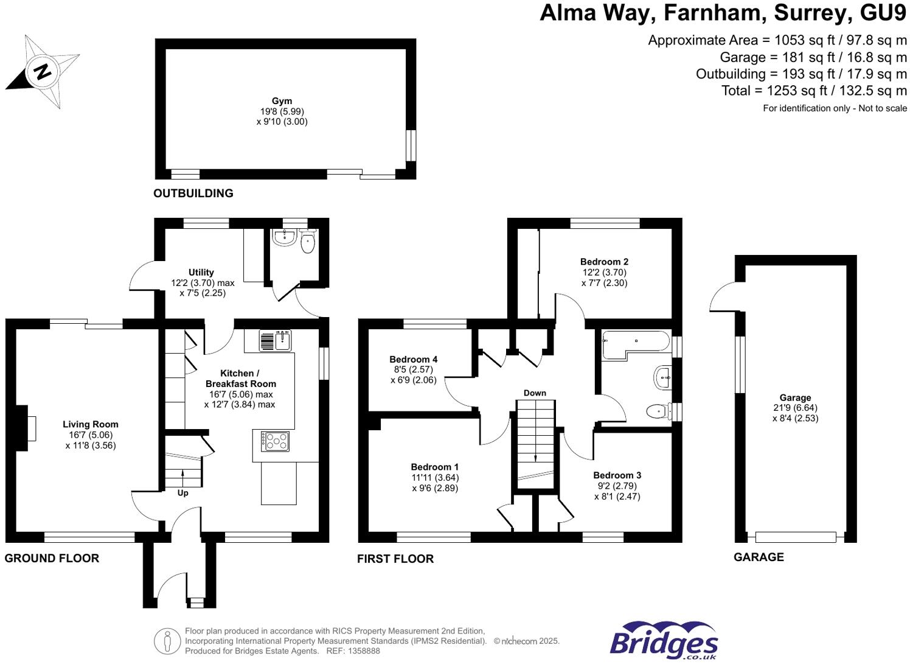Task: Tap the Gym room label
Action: (282, 101)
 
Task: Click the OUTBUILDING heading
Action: (193, 194)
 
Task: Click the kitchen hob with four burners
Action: (275, 441)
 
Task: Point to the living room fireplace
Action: (27, 428)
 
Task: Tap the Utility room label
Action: (201, 273)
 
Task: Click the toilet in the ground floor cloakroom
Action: (308, 242)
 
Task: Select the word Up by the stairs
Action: (182, 493)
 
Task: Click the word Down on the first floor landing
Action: (535, 393)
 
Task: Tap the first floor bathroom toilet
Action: (657, 412)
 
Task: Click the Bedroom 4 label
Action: (413, 360)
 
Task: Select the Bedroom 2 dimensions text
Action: (604, 278)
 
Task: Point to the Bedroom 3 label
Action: (617, 475)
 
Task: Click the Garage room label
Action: (795, 398)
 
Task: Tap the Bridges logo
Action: (664, 641)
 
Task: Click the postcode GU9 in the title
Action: (880, 13)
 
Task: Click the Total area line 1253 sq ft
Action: (813, 91)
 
